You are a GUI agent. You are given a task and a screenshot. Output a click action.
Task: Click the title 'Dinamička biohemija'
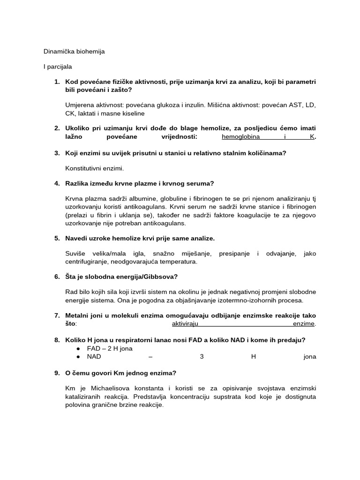(x=74, y=52)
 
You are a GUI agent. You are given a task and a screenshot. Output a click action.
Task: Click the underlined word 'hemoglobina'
(x=240, y=137)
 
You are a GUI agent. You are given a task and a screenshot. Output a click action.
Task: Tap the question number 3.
(x=57, y=153)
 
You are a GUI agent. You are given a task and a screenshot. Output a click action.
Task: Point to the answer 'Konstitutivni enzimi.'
(x=95, y=168)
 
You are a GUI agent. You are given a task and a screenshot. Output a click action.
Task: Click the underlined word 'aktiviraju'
(x=186, y=324)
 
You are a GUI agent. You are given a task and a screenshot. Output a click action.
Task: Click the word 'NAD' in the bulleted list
(x=94, y=357)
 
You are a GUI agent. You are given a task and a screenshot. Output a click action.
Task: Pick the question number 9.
(x=57, y=373)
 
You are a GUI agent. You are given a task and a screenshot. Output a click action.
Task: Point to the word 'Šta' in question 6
(x=71, y=277)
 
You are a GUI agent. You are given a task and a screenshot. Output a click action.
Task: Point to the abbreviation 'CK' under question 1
(x=70, y=113)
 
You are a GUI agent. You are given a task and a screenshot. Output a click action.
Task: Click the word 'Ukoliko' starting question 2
(x=78, y=128)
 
